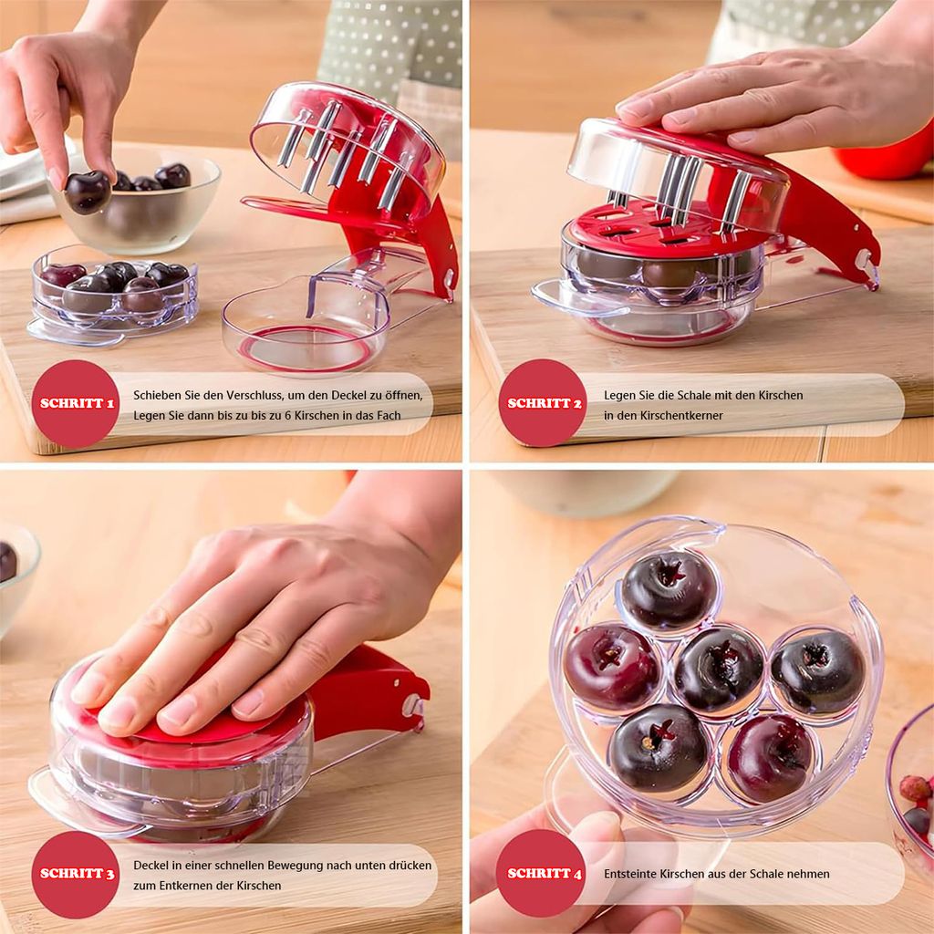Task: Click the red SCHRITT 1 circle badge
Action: (75, 403)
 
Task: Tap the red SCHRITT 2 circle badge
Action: (543, 402)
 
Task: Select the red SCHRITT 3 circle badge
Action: (75, 874)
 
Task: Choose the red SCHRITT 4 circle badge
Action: (541, 873)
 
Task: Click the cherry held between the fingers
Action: (88, 192)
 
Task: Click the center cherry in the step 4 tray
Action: (719, 669)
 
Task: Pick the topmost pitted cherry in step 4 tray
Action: (669, 590)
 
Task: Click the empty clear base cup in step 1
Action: (306, 331)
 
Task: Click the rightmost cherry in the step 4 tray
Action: (818, 672)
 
